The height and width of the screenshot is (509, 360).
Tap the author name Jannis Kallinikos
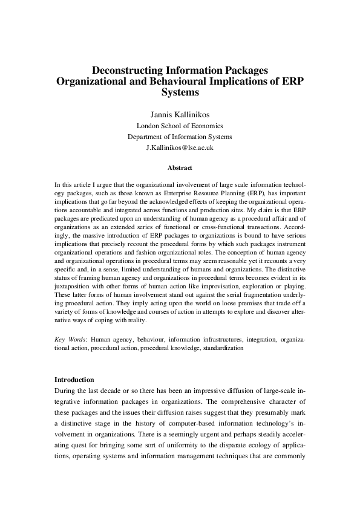(180, 114)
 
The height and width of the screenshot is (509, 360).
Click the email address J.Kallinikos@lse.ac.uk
(180, 148)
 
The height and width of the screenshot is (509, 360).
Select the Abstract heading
(180, 166)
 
